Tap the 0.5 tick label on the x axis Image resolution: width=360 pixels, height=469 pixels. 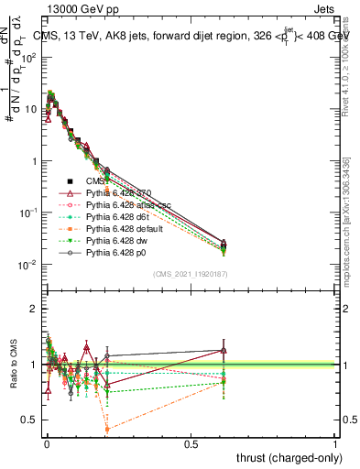tap(191, 443)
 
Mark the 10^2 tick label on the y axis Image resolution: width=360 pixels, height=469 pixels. tap(28, 57)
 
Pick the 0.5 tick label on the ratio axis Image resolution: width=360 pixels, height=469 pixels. tap(31, 420)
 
